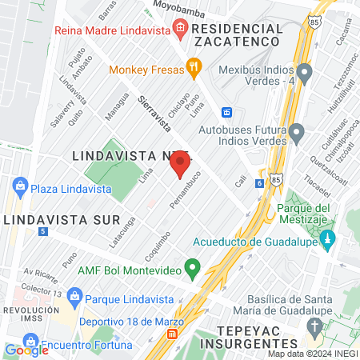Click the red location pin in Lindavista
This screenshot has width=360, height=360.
(179, 164)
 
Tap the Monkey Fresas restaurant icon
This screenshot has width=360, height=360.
(192, 68)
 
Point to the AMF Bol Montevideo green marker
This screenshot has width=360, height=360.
(192, 268)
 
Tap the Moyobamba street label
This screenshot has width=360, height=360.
(174, 9)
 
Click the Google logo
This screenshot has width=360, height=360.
(26, 350)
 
